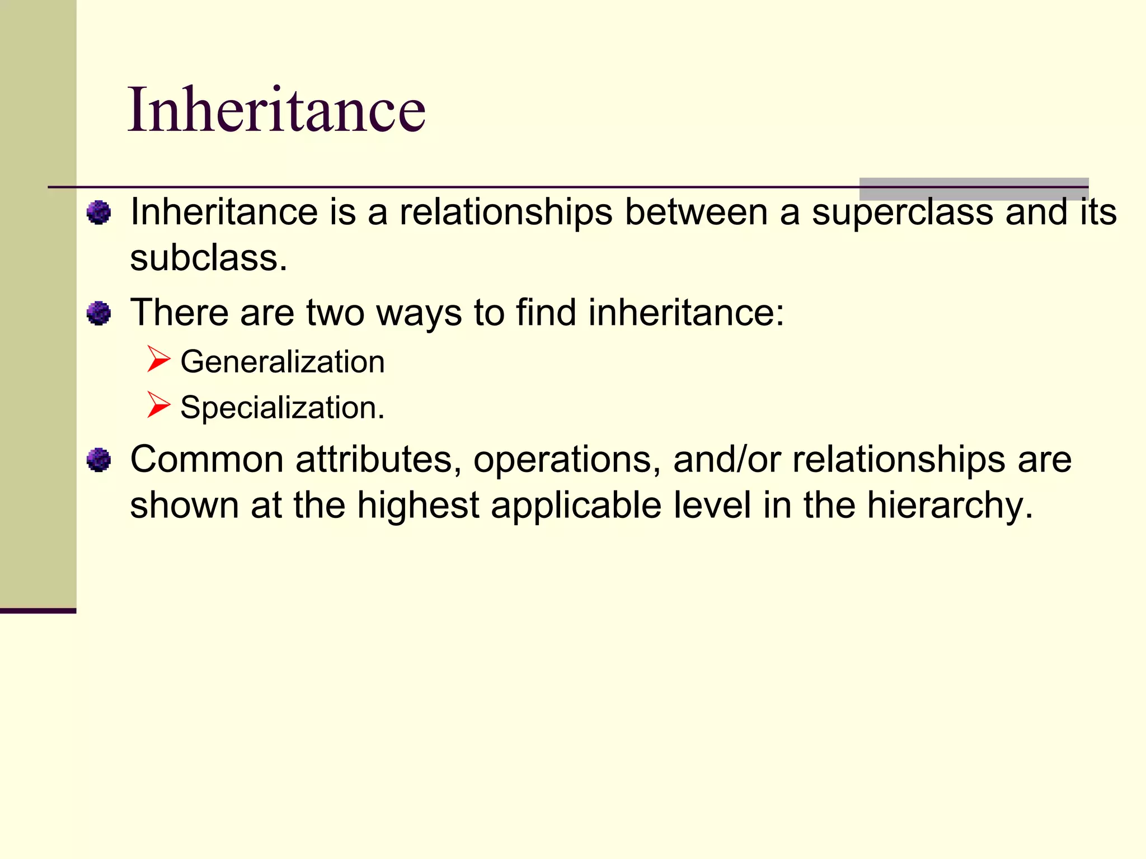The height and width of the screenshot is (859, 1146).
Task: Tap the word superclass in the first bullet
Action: [x=902, y=213]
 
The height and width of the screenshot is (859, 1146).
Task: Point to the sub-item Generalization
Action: [x=282, y=362]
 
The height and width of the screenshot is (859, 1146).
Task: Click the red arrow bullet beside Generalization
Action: [x=158, y=359]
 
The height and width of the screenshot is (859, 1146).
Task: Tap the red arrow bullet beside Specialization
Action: [x=158, y=405]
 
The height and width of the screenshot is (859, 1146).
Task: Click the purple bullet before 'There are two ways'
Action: [x=99, y=313]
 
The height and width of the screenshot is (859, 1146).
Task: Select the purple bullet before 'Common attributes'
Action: [x=99, y=460]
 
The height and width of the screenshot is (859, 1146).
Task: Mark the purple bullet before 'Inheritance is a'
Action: [x=99, y=213]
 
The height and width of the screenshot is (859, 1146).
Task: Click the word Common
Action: [x=206, y=460]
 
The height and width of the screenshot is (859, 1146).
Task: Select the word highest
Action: [x=418, y=506]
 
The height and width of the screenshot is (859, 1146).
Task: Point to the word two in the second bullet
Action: [x=335, y=313]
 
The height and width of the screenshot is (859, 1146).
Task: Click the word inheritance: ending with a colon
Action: [x=686, y=313]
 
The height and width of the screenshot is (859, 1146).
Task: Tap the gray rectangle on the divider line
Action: [x=974, y=189]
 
